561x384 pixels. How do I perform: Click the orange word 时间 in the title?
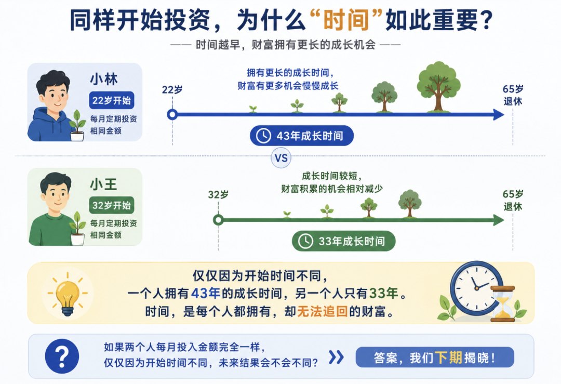coord(346,20)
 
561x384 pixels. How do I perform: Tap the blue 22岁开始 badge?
coord(112,101)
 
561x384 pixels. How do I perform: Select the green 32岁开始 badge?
coord(112,205)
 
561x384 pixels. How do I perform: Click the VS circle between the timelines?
coord(281,158)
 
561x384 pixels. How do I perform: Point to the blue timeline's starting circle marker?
coord(172,114)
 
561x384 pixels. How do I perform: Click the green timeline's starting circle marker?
coord(218,220)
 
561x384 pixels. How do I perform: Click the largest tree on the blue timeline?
coord(438,87)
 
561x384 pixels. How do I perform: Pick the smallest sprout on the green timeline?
coord(287,215)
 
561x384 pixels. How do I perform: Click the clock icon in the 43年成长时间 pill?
coord(264,136)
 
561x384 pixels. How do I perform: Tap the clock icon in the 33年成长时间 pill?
coord(306,241)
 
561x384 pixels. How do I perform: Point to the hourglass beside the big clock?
coord(503,303)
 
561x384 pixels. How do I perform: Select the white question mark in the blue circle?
coord(62,356)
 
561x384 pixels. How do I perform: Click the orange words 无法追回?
coord(323,312)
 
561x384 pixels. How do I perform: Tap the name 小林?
coord(104,79)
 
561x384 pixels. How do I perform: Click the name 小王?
coord(104,184)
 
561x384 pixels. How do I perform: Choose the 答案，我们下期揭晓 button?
coord(435,357)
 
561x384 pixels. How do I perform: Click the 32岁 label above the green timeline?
coord(218,195)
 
